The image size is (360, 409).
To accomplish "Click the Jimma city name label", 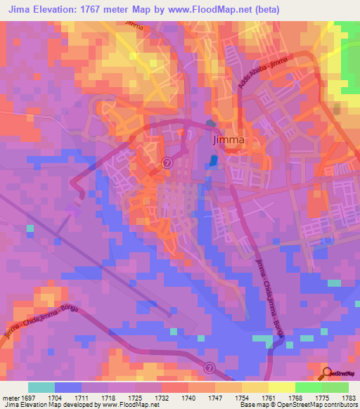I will (x=229, y=139).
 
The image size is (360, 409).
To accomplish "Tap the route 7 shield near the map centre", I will (x=167, y=162).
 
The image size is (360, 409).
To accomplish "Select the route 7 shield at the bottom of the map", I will (x=209, y=367).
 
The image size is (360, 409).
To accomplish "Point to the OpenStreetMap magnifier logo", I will (x=327, y=374).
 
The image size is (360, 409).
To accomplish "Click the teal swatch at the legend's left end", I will (x=41, y=387).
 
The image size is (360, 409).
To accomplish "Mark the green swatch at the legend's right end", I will (x=335, y=387).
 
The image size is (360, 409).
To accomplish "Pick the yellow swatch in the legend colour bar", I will (x=281, y=387).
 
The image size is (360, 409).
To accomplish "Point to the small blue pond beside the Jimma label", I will (x=212, y=162).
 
